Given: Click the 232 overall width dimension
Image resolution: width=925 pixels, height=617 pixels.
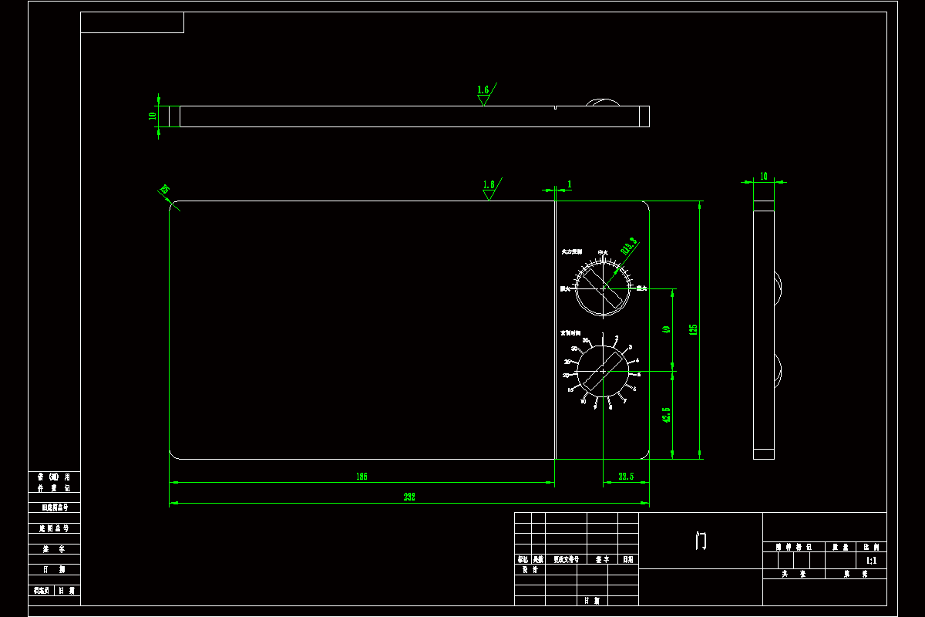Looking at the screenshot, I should point(409,497).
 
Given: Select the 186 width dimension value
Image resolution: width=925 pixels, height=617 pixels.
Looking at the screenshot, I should point(362,477).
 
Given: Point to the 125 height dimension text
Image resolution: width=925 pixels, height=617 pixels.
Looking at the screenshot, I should point(693,329).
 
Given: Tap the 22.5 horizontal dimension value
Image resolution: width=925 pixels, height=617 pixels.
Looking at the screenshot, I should point(625,477).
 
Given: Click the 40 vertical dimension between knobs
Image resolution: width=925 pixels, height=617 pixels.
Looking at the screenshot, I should point(666,329).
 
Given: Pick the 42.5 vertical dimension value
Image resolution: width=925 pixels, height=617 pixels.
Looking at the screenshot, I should point(666,414).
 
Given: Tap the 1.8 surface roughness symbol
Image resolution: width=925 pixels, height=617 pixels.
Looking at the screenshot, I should point(489,186).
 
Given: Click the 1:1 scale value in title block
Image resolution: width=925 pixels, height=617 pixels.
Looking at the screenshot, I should point(871,561).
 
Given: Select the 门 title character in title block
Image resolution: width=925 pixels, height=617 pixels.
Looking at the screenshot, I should point(700,541).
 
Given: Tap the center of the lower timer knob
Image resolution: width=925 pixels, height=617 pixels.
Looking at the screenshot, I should point(603,372).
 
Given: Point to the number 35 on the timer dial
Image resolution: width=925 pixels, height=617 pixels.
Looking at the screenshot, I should point(586,340).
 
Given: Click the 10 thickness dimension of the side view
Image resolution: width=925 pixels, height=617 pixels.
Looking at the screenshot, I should point(764,176).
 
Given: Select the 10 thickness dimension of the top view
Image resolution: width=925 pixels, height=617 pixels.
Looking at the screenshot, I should point(153,116).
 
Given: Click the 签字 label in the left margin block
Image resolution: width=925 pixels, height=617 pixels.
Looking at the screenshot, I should point(54,549).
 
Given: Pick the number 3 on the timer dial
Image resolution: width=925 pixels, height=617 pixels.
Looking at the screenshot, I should point(630,348).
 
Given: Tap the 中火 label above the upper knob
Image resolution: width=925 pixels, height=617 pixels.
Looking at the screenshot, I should point(604,252).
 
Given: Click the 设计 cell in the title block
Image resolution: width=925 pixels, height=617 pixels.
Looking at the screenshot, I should point(529,570).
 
